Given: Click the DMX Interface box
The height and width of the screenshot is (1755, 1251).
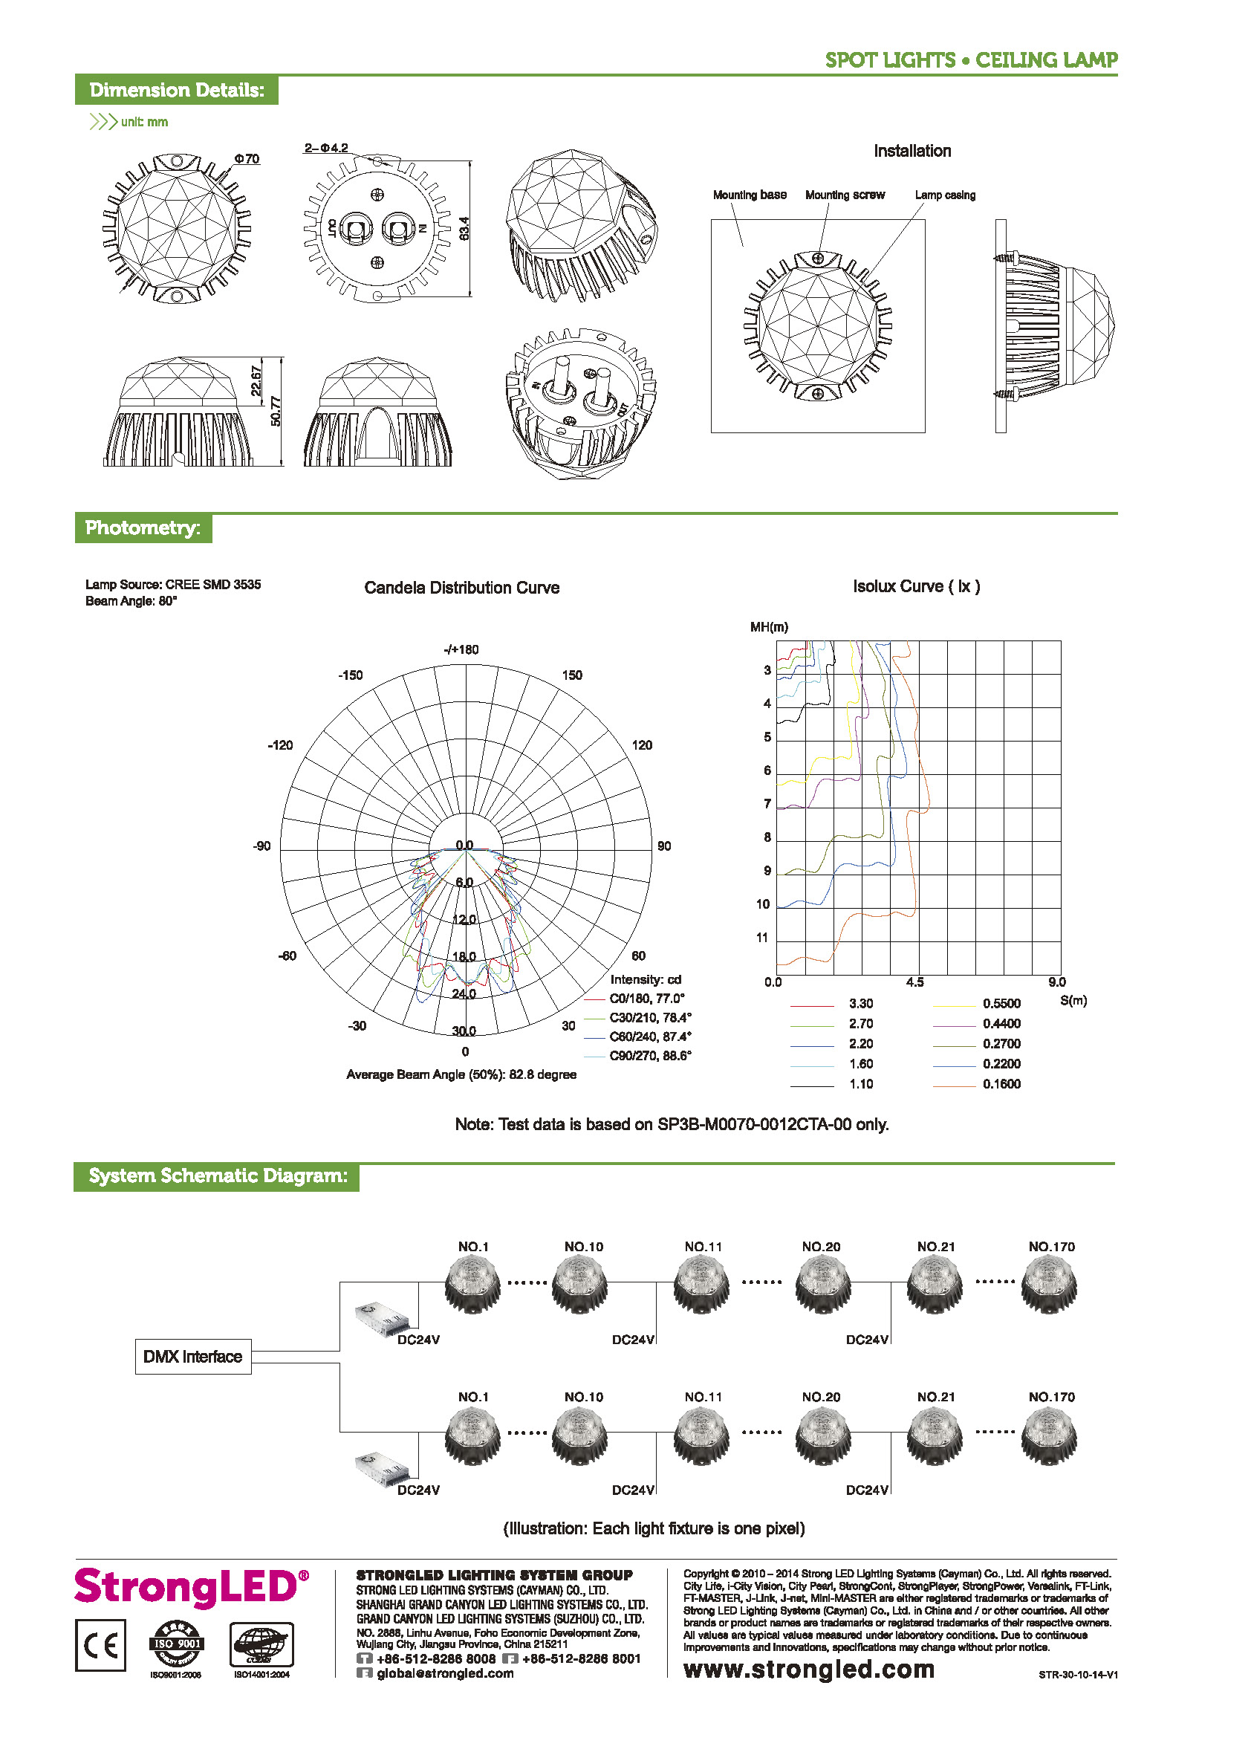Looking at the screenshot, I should coord(192,1356).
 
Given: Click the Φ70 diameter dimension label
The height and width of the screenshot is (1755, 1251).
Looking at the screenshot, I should coord(247,159).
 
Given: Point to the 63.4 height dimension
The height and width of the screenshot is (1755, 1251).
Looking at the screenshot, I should coord(464,228).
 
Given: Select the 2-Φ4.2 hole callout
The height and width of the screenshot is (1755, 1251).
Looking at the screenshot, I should coord(326,148).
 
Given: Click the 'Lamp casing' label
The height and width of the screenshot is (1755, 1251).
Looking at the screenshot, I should coord(944,195).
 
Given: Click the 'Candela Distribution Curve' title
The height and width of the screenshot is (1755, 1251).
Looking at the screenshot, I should coord(461,588).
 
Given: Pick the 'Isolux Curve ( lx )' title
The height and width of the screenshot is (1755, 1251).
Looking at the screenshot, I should coord(916,586).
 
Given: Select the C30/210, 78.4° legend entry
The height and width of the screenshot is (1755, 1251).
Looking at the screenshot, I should coord(649,1018).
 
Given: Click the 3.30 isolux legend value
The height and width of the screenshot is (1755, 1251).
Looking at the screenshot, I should coord(860,1003).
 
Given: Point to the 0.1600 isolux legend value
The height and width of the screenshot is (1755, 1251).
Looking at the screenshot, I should coord(1001,1084).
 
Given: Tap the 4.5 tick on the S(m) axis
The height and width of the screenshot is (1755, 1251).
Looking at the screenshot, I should coord(914,982).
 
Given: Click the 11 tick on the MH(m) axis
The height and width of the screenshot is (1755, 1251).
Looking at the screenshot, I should coord(762,938).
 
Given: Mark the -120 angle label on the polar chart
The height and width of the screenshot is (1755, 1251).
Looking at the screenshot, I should coord(280,745).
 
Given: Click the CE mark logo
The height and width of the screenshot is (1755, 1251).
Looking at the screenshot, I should coord(100,1646).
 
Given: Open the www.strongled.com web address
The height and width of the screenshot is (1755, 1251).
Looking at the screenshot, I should coord(809,1669).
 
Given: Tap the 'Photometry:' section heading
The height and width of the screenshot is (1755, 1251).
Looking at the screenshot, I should coord(143,528).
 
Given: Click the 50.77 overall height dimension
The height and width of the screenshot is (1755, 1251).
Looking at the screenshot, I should coord(276,411).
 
